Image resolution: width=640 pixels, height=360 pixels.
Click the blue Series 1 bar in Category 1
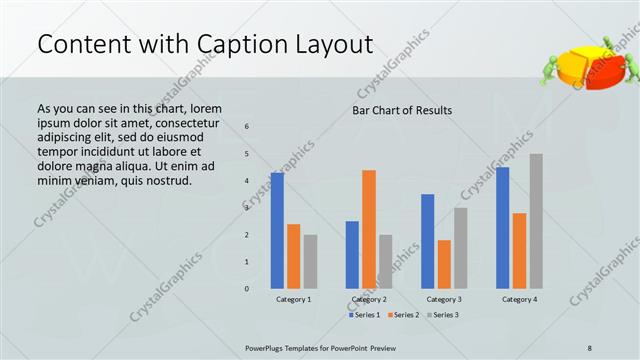click(277, 231)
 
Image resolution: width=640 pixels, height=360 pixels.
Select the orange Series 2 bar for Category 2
click(369, 229)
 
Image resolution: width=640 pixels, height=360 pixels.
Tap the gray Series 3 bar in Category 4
click(536, 221)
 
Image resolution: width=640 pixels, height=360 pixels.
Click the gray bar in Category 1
click(310, 262)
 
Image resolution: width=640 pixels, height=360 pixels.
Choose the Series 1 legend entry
click(363, 315)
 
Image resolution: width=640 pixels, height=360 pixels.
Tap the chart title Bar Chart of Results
click(402, 110)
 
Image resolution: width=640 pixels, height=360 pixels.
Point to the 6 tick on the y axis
click(248, 126)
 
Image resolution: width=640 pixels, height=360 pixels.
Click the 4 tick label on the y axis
click(248, 181)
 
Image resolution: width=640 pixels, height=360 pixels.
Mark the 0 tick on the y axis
click(248, 289)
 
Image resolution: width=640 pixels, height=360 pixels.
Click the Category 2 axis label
click(369, 299)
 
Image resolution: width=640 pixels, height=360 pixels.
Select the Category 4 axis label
click(519, 299)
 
